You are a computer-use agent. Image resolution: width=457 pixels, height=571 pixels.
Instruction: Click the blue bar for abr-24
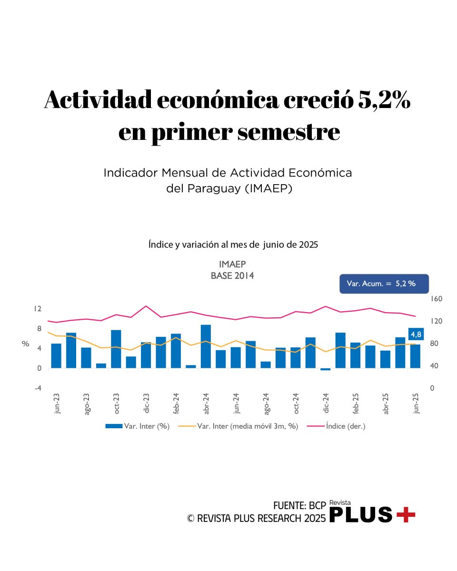206,346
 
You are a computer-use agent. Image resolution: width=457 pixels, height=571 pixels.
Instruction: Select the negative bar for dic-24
326,369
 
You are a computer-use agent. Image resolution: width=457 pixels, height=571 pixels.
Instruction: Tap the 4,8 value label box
416,335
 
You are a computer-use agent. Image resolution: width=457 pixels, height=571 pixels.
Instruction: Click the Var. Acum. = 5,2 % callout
384,284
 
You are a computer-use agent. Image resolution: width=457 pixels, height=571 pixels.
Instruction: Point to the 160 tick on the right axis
437,299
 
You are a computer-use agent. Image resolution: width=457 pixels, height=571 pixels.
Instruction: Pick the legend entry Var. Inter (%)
138,426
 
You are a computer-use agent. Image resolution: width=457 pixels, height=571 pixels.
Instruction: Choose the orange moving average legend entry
238,426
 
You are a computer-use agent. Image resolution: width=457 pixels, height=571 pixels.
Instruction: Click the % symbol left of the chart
26,344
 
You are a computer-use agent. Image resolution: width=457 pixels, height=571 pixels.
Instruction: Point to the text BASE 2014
232,276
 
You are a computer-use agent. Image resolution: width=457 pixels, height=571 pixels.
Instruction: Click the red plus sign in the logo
406,515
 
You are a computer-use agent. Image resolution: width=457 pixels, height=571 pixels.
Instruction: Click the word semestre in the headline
288,133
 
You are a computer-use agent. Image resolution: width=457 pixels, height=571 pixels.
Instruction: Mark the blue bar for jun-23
56,355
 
